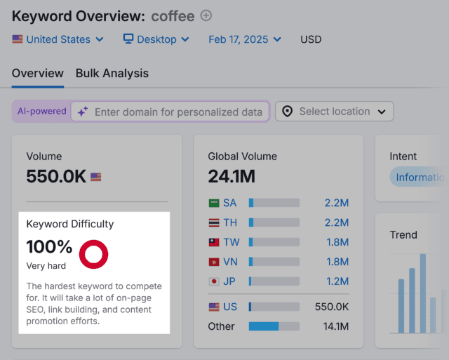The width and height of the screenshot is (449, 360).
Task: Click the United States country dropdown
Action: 58,39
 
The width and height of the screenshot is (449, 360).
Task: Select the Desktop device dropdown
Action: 156,39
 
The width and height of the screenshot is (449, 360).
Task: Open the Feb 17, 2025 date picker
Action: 245,39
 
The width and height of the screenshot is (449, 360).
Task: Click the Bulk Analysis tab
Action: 112,73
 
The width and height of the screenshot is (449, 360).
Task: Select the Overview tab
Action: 38,73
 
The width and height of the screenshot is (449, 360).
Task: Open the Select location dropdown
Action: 335,112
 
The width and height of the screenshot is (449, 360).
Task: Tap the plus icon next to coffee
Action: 206,15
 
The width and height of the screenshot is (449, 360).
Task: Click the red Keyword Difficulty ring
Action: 93,254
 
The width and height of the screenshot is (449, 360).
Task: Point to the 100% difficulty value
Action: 49,247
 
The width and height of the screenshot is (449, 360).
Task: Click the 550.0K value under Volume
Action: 56,176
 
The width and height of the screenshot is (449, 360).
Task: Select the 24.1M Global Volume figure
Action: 232,176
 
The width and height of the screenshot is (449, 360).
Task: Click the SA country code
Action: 230,203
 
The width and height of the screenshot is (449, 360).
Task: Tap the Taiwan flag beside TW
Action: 214,242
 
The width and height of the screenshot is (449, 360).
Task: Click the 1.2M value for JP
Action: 336,281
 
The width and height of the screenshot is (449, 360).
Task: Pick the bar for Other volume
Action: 274,326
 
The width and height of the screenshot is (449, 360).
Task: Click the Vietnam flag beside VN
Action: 214,262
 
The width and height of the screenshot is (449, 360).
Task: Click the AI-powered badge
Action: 42,111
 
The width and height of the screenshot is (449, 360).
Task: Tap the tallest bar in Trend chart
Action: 423,293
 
